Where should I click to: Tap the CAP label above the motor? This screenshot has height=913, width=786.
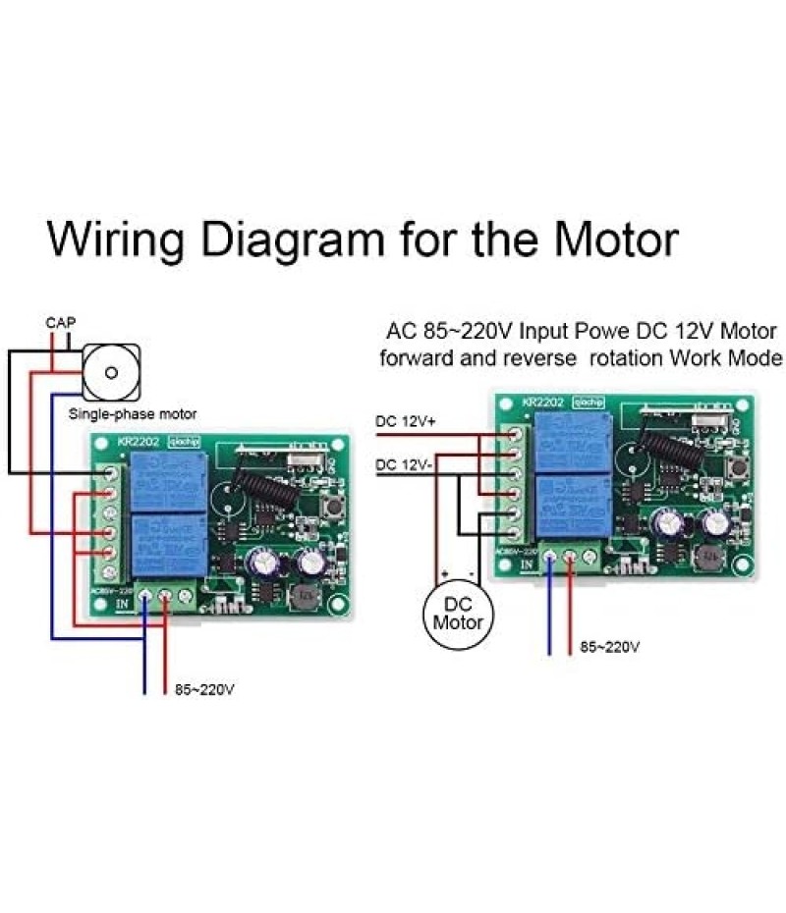[x=61, y=322]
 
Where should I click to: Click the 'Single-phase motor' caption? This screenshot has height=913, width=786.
[x=133, y=414]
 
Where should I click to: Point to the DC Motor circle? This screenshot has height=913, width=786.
[x=458, y=614]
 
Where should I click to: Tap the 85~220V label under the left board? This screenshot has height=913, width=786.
[x=203, y=689]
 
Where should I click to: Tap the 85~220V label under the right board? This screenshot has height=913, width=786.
[x=609, y=647]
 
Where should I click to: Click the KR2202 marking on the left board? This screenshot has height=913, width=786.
[x=137, y=444]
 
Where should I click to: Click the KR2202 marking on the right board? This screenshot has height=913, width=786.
[x=541, y=402]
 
